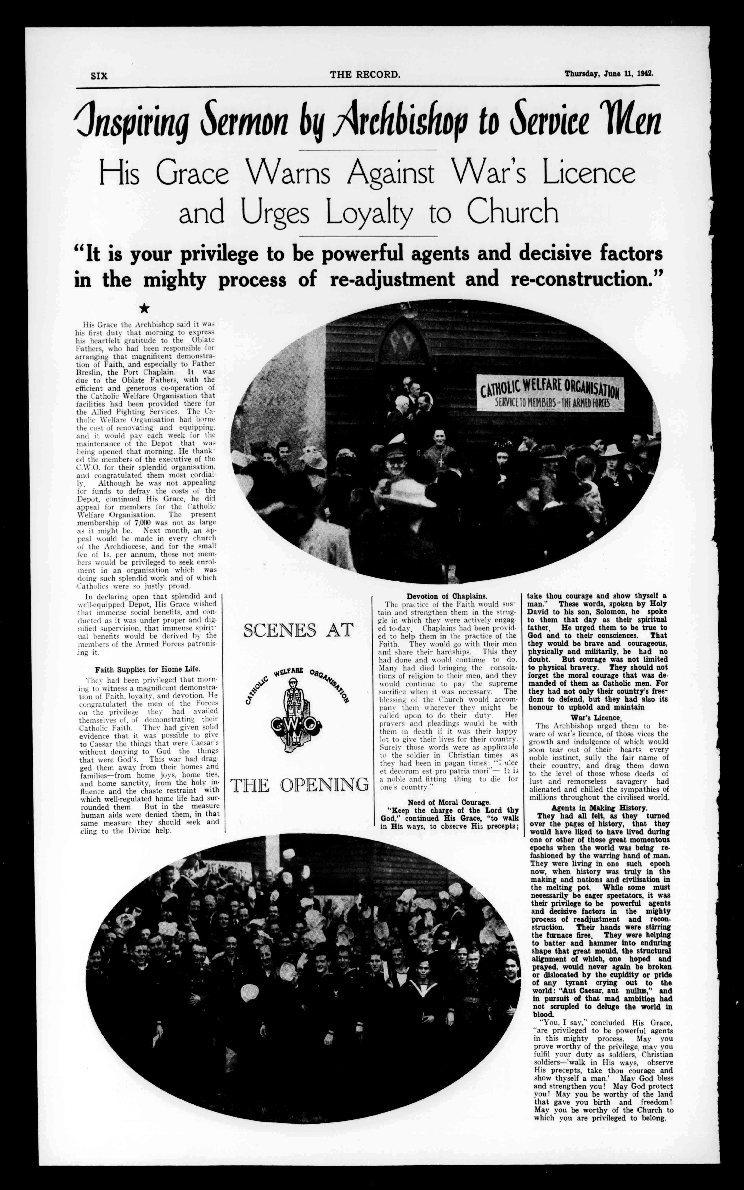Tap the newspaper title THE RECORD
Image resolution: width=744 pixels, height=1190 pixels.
(x=365, y=75)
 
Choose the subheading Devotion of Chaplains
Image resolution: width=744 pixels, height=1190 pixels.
(x=447, y=596)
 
